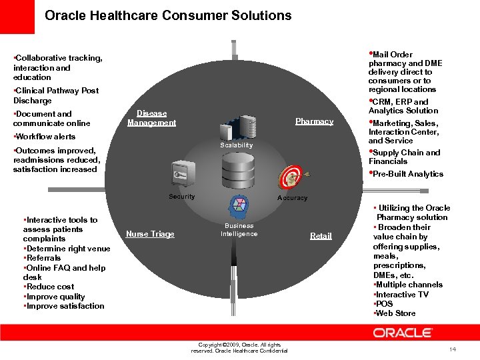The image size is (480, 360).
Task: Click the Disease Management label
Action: pyautogui.click(x=151, y=118)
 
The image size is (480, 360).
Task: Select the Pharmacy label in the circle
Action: pyautogui.click(x=314, y=121)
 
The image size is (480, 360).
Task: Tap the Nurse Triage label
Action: pyautogui.click(x=150, y=234)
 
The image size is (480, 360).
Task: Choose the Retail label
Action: pyautogui.click(x=321, y=236)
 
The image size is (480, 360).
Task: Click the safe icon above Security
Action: pyautogui.click(x=181, y=175)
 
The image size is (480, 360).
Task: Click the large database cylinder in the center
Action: pyautogui.click(x=237, y=173)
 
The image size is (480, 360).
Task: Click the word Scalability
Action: pyautogui.click(x=237, y=145)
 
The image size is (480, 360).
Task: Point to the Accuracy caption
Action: pyautogui.click(x=292, y=198)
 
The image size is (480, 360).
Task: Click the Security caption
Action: pyautogui.click(x=181, y=197)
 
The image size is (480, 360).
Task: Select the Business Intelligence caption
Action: pyautogui.click(x=239, y=230)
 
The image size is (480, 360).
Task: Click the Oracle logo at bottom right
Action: pyautogui.click(x=403, y=333)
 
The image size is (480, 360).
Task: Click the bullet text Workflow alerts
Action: pyautogui.click(x=45, y=137)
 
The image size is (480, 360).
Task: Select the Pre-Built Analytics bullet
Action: pyautogui.click(x=407, y=174)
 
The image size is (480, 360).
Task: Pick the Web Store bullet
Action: pyautogui.click(x=396, y=313)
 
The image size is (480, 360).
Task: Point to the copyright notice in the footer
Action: pyautogui.click(x=239, y=348)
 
